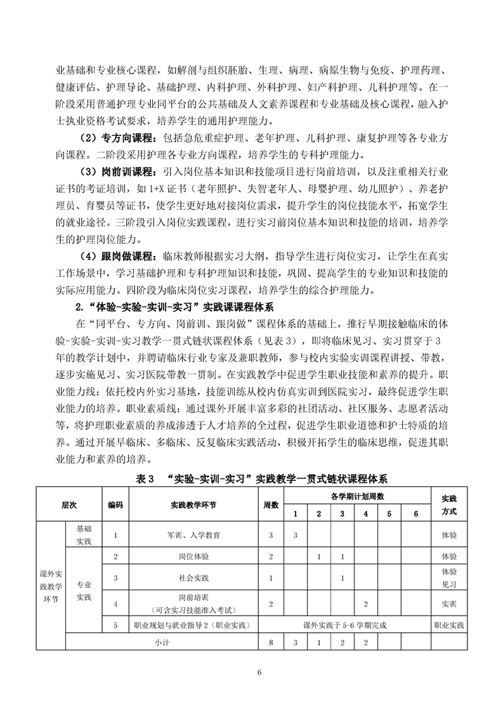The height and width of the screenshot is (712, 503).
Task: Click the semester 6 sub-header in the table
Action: (416, 513)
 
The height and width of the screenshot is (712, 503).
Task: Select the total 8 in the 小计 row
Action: (271, 643)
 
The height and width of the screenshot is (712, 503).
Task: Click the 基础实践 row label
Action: (84, 535)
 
